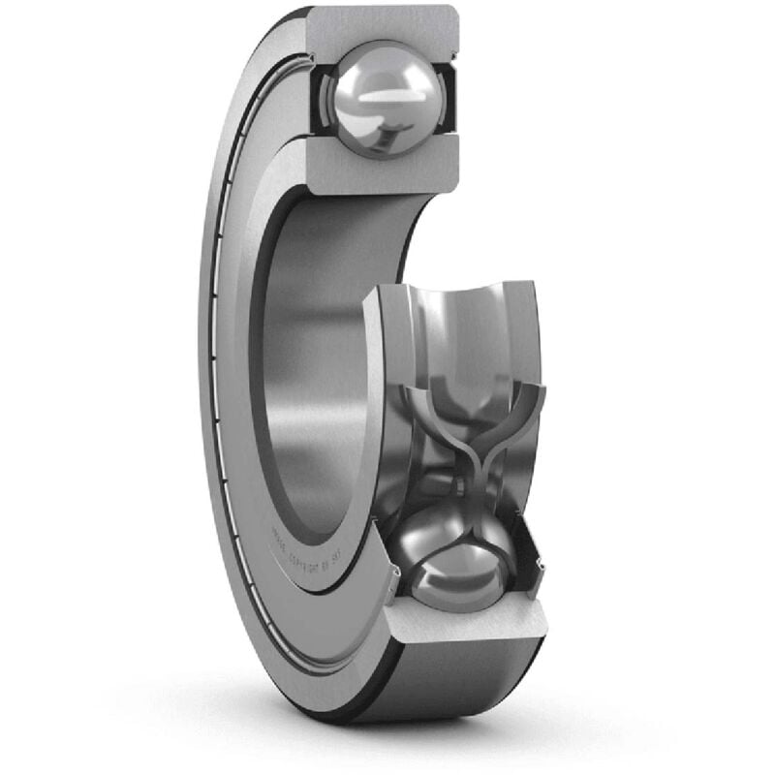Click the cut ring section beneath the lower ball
tap(465, 630)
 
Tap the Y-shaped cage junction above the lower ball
tap(474, 455)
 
